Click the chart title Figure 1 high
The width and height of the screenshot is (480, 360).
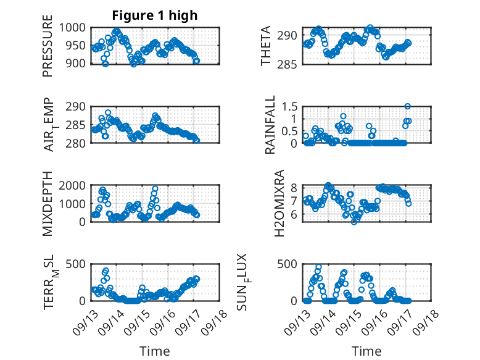point(155,15)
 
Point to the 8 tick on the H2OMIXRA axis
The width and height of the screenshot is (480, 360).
point(295,188)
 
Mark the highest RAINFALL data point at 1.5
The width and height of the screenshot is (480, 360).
point(407,106)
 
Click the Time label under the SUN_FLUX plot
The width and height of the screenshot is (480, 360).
point(366,351)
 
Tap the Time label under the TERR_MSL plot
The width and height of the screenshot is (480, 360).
point(155,351)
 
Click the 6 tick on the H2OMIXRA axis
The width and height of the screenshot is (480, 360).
point(295,214)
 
